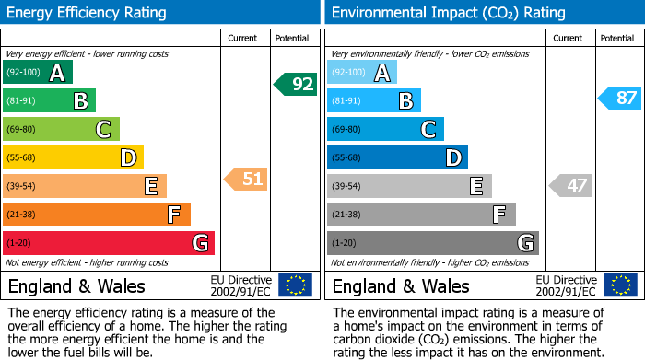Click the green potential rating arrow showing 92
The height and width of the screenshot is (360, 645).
coord(296,85)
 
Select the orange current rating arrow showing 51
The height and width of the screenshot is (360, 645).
coord(246,179)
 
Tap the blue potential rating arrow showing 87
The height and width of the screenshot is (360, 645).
coord(620,99)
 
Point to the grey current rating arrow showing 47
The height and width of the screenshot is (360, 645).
coord(570,185)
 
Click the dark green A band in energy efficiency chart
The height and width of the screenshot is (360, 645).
coord(37,73)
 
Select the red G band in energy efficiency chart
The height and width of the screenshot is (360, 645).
coord(108,243)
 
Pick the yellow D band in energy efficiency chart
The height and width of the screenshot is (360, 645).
coord(73,157)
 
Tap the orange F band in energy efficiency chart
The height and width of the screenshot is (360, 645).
coord(96,215)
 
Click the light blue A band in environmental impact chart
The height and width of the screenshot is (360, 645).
coord(362,73)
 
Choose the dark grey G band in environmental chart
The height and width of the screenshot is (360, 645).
coord(432,243)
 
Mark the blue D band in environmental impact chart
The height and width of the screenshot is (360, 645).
coord(397,157)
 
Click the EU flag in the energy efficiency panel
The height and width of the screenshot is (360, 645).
coord(296,285)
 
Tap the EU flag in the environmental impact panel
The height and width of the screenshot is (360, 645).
coord(620,285)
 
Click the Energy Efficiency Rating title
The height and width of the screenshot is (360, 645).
coord(88,13)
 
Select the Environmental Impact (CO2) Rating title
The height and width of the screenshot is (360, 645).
coord(448,13)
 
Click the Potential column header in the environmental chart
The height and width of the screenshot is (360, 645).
coord(617,38)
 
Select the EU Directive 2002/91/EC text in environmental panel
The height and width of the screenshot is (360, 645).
coord(566,285)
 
